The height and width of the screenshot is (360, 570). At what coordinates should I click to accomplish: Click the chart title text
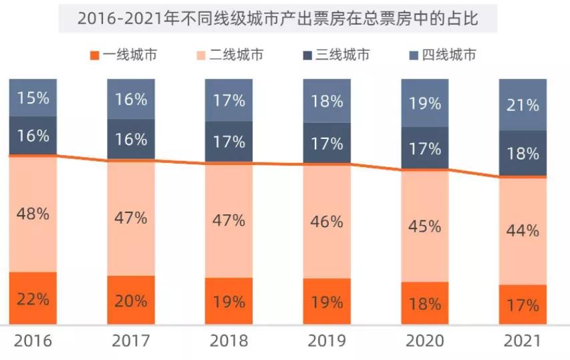coord(278,18)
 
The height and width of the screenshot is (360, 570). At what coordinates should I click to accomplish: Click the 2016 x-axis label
coord(33,341)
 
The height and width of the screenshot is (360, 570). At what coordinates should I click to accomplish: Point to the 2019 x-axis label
coord(327,341)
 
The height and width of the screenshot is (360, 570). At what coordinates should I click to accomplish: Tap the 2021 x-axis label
coord(523,341)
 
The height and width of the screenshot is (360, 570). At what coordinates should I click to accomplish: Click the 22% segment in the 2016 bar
coord(33,299)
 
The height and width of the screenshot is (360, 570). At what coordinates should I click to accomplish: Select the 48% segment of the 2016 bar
coord(33,214)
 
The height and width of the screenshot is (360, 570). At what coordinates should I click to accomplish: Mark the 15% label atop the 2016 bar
coord(33,98)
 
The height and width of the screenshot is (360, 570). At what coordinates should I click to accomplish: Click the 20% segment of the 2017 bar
coord(131,301)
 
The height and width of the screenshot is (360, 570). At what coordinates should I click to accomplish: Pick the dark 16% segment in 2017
coord(131,139)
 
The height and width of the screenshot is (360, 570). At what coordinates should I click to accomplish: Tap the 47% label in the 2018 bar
coord(229,220)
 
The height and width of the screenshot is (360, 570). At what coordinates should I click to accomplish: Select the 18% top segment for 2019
coord(327,101)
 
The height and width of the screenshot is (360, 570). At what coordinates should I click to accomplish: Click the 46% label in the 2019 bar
coord(327,222)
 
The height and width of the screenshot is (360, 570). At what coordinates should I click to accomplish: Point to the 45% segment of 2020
coord(425,226)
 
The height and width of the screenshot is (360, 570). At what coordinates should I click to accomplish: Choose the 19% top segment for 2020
coord(425,104)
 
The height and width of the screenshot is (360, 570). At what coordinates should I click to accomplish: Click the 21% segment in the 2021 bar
coord(523,105)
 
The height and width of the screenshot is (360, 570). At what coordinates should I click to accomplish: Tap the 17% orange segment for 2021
coord(523,305)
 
